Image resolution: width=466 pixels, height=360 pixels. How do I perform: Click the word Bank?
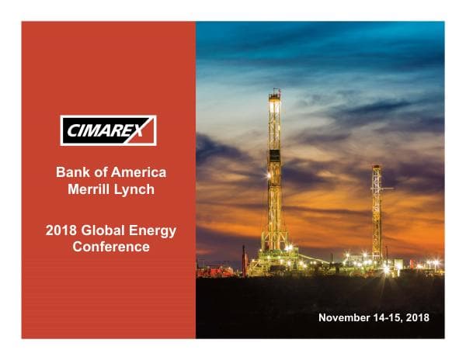coord(72,172)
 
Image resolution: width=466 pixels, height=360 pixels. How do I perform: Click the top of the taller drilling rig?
coord(274,92)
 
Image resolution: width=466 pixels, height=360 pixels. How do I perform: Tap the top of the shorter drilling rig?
coord(376,166)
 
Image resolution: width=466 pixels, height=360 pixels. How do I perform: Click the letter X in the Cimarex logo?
coord(144,130)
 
